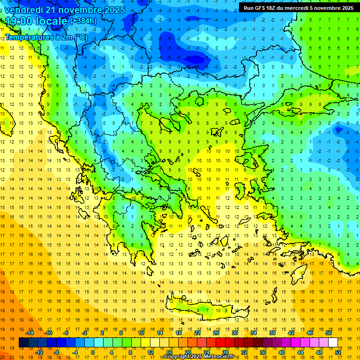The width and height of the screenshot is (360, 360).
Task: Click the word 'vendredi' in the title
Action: [x=24, y=9]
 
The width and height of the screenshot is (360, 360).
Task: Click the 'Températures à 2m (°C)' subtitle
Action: [x=46, y=36]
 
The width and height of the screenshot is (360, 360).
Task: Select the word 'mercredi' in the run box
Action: [x=302, y=7]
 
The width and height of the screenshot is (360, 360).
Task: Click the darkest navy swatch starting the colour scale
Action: [x=23, y=343]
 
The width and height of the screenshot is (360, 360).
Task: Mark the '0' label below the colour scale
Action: [x=93, y=352]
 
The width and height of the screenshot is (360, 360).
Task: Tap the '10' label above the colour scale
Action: [x=141, y=333]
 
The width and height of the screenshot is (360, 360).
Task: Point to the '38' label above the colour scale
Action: [x=272, y=333]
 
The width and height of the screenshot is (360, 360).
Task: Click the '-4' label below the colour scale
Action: [x=75, y=352]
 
